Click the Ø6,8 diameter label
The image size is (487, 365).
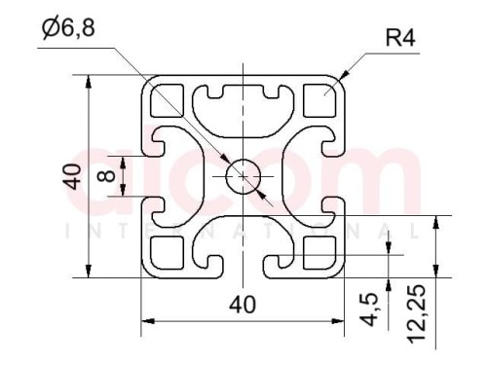click(x=68, y=27)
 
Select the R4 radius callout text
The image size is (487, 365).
click(x=400, y=38)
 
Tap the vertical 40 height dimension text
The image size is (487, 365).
click(x=72, y=177)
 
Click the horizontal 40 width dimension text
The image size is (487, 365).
click(x=243, y=305)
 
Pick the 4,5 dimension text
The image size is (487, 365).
click(x=369, y=310)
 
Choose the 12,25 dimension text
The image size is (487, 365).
click(x=416, y=313)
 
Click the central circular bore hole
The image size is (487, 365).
click(x=243, y=176)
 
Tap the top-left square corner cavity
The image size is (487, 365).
click(x=167, y=100)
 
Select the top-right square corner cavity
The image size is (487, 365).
click(x=319, y=100)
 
